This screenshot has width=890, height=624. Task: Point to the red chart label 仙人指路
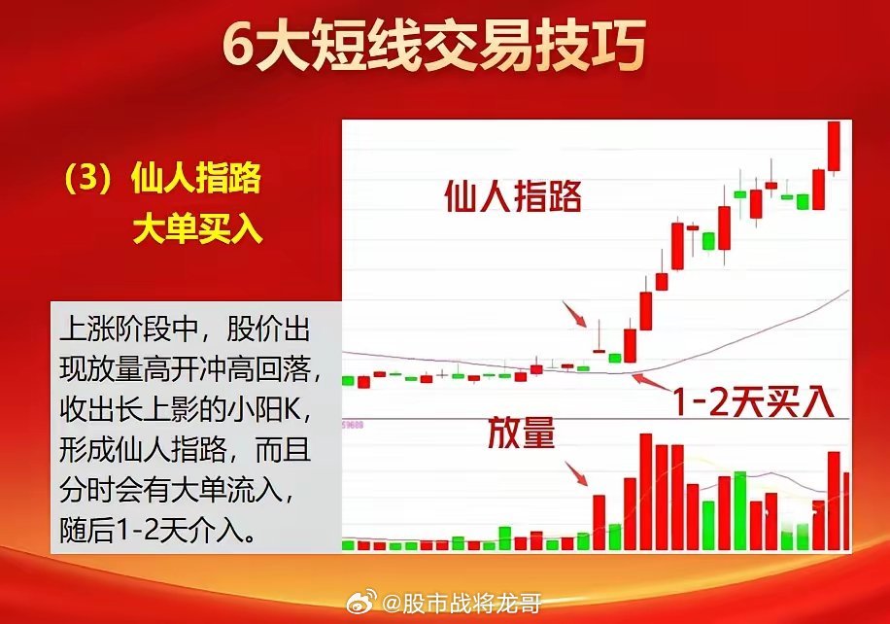click(x=512, y=197)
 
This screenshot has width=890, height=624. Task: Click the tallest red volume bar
click(x=644, y=492)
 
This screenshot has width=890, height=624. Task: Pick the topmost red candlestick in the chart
click(x=833, y=146)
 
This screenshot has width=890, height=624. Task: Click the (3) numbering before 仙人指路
click(x=91, y=181)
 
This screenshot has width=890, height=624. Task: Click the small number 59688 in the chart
click(x=351, y=425)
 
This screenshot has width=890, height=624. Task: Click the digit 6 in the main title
click(x=237, y=46)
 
